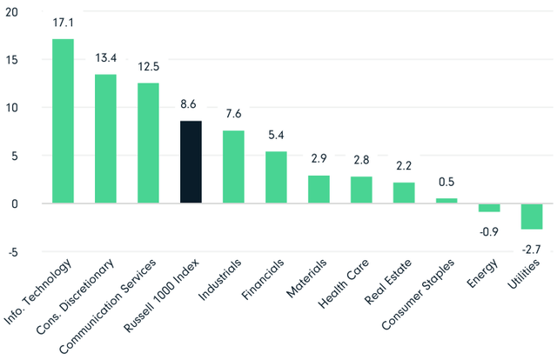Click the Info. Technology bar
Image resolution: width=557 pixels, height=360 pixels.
pos(63,121)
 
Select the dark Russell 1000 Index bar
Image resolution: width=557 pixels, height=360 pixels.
pos(191,162)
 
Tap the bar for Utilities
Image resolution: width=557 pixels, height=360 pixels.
pos(532,217)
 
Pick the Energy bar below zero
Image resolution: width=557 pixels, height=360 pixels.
pos(489,208)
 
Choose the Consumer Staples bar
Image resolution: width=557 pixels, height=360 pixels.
pos(446,201)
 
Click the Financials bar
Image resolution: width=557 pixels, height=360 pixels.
pos(276,177)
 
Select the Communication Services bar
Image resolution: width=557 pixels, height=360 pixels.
pos(148,143)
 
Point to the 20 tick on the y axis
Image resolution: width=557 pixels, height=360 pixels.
pos(11,12)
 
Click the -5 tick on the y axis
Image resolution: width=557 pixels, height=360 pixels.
pos(11,252)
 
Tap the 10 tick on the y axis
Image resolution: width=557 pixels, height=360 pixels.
pos(11,108)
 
